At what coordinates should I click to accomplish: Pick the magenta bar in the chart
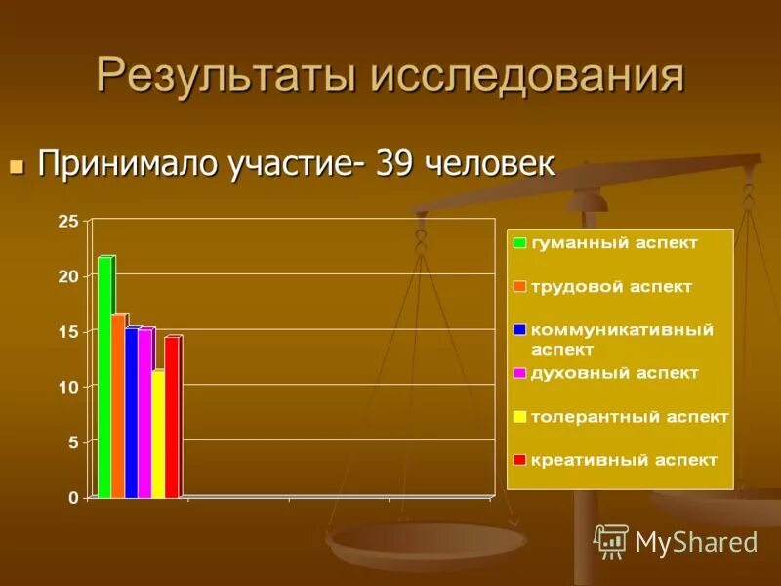pyautogui.click(x=144, y=413)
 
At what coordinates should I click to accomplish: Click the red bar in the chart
pyautogui.click(x=171, y=417)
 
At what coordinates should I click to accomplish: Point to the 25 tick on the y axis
pyautogui.click(x=68, y=222)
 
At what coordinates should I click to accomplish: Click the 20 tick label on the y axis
pyautogui.click(x=68, y=277)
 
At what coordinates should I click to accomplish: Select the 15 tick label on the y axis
pyautogui.click(x=68, y=332)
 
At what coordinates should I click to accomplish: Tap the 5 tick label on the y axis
pyautogui.click(x=72, y=442)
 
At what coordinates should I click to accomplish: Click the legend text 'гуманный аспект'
pyautogui.click(x=614, y=243)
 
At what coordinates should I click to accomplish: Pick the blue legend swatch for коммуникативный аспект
pyautogui.click(x=520, y=330)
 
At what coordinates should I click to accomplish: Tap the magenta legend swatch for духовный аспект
pyautogui.click(x=520, y=373)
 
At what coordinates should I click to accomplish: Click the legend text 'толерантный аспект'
pyautogui.click(x=630, y=417)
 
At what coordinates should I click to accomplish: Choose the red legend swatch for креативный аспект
pyautogui.click(x=520, y=460)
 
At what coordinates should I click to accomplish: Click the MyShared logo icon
pyautogui.click(x=611, y=540)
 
